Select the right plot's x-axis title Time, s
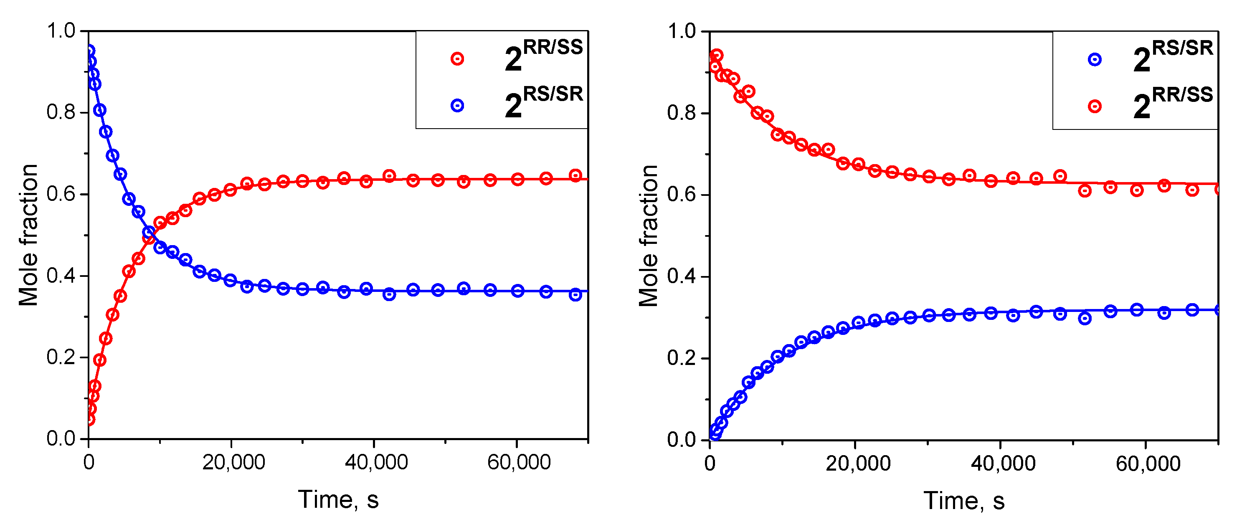click(964, 501)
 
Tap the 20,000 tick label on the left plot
click(233, 462)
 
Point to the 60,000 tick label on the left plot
click(519, 462)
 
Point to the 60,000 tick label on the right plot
click(1148, 464)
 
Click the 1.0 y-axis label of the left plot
click(61, 31)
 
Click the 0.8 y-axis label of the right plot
click(682, 113)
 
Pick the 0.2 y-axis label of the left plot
click(61, 357)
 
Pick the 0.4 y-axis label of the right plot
click(682, 276)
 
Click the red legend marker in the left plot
click(457, 59)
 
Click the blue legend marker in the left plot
click(457, 106)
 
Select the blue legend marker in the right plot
click(1094, 60)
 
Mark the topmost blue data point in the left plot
click(89, 51)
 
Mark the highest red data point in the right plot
click(717, 55)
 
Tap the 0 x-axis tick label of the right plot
click(710, 464)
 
